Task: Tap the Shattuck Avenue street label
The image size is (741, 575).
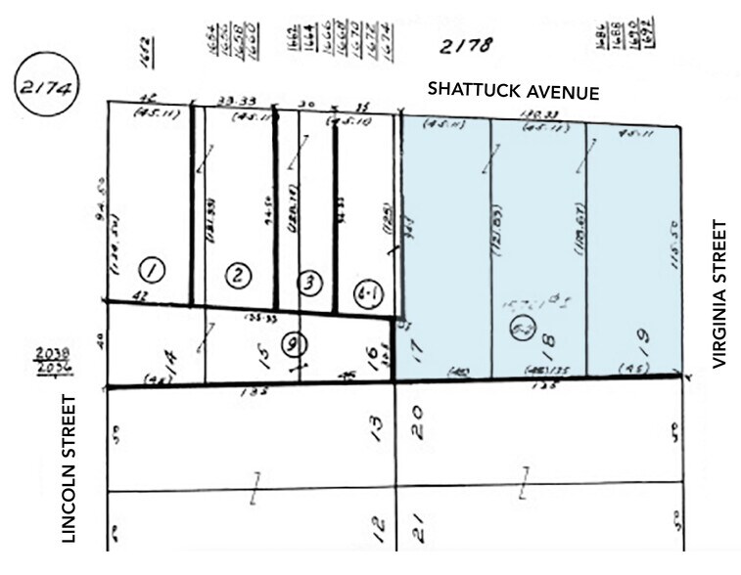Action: (x=513, y=90)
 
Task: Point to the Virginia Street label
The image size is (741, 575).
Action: (x=721, y=293)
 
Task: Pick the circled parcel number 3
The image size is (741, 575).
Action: (x=309, y=284)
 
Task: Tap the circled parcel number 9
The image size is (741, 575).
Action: (x=291, y=343)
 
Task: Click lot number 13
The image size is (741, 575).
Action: (x=378, y=426)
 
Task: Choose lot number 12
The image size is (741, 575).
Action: (x=378, y=531)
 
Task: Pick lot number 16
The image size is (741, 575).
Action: (x=373, y=355)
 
